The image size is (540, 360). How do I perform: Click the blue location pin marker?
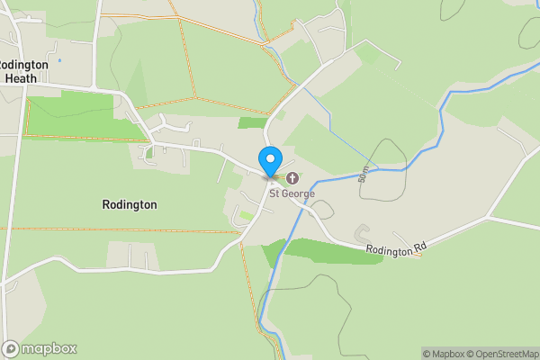tap(269, 161)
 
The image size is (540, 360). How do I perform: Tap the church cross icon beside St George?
tap(292, 176)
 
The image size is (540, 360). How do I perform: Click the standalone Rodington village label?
tap(130, 204)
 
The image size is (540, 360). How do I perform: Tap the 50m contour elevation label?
tap(364, 174)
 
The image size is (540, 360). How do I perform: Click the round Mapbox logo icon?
tap(11, 348)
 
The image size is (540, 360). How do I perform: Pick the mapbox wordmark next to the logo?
tap(49, 348)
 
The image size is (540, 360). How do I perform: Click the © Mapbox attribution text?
tap(445, 354)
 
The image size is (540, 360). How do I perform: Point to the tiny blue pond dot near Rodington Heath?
tap(59, 60)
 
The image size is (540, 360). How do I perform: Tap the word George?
tap(299, 193)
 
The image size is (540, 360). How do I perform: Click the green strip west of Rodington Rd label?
tap(324, 250)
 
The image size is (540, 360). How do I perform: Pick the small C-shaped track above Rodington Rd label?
tap(362, 232)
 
